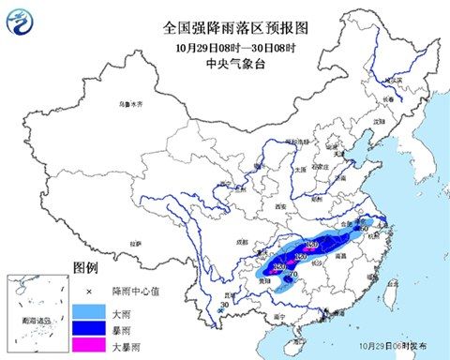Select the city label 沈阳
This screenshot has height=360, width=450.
point(379,122)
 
